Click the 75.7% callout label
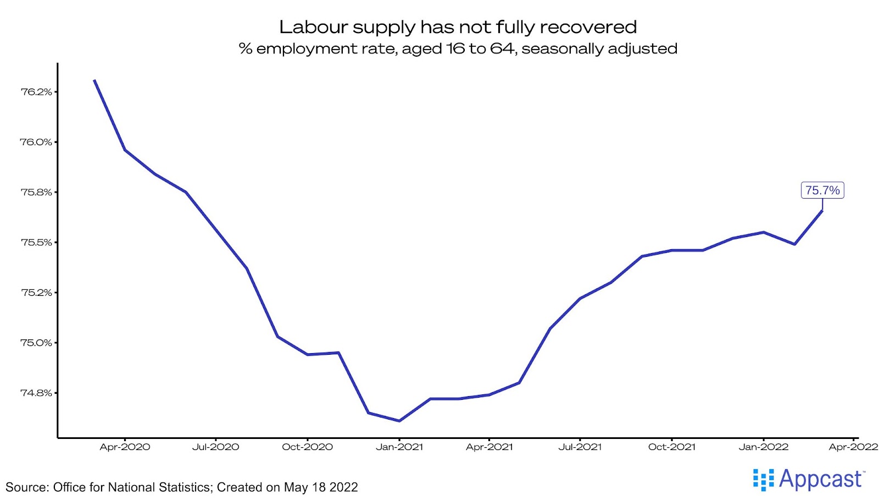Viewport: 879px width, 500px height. [822, 190]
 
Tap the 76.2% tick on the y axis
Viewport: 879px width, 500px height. [36, 92]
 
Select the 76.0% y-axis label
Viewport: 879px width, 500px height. [36, 142]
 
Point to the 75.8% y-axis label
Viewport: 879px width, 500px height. [36, 192]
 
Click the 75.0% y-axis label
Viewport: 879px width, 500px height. [36, 343]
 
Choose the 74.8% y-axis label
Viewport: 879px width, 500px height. [36, 393]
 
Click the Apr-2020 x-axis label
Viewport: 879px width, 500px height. [125, 447]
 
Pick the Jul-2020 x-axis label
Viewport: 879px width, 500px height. [215, 447]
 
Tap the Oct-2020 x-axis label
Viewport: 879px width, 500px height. [307, 447]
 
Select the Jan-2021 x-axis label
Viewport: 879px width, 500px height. [399, 447]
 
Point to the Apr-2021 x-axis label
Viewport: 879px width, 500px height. [489, 447]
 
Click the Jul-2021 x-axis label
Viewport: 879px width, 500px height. [580, 447]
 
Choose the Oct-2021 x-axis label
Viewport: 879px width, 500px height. [671, 447]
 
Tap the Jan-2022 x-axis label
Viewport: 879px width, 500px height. [763, 447]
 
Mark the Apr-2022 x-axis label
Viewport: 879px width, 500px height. [853, 447]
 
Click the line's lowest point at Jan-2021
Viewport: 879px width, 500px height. [399, 421]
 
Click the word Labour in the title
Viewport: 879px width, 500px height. [313, 27]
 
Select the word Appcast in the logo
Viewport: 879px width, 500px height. [820, 479]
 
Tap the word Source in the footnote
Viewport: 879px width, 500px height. [26, 487]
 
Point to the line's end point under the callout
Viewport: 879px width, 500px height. [822, 211]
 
